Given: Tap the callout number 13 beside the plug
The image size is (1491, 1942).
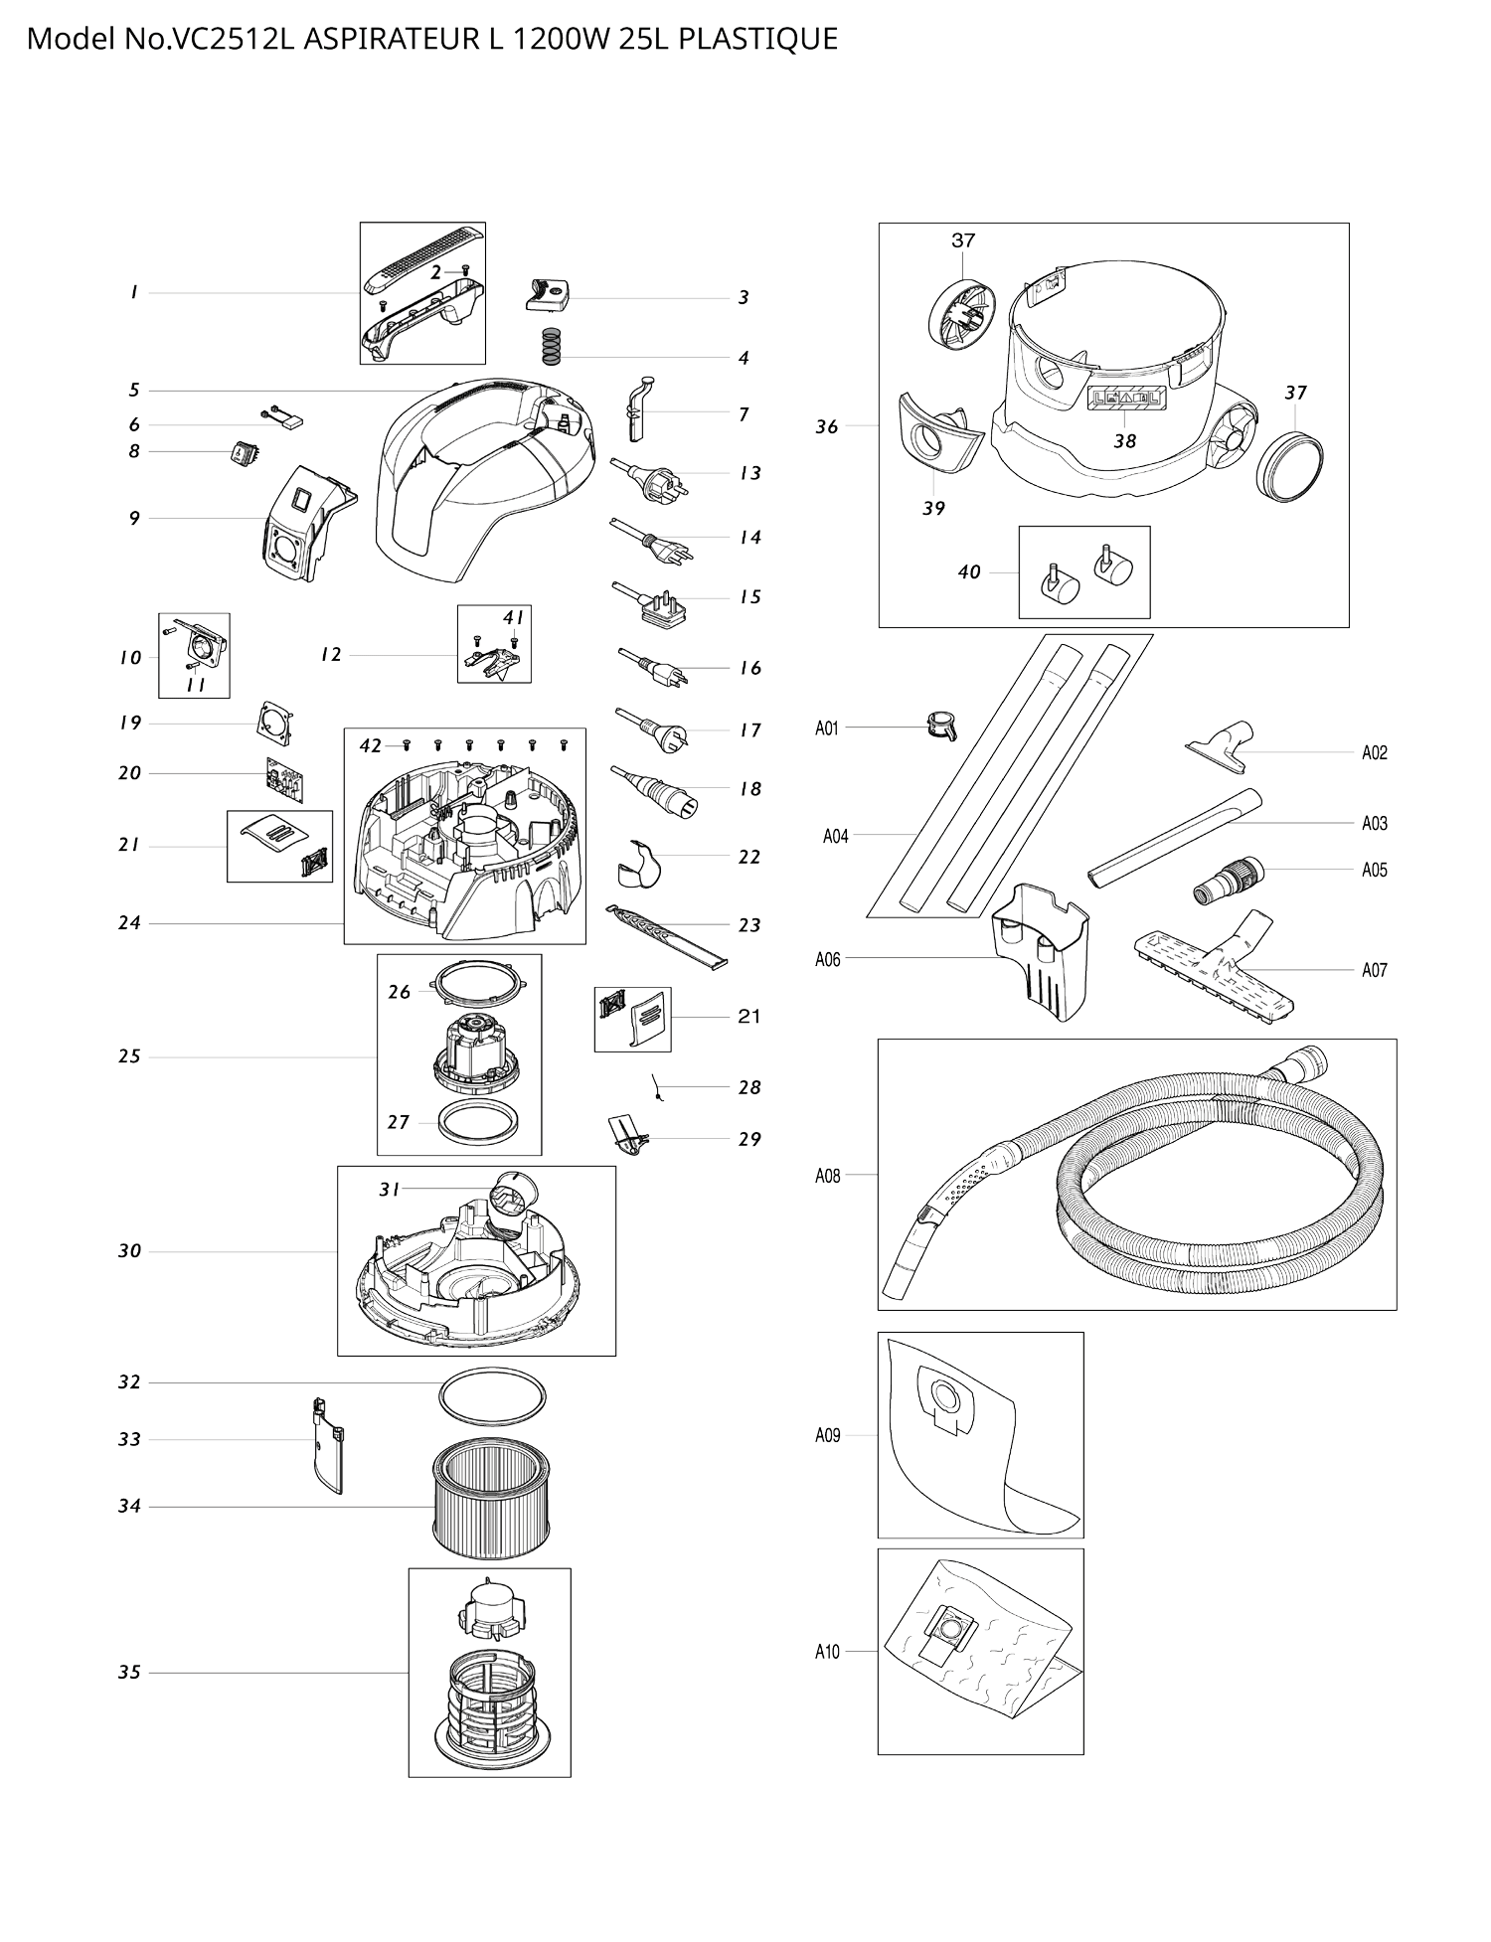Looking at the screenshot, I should point(750,473).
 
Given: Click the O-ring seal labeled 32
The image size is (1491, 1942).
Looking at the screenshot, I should point(492,1397).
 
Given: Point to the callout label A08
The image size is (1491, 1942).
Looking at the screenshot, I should point(827,1176).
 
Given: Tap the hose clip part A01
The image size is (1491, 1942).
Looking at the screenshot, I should point(941,727).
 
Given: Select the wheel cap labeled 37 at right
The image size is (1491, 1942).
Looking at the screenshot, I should point(1289,466).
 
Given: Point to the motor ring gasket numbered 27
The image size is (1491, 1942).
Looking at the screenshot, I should point(480,1122).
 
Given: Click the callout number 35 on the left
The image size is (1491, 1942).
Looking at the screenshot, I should point(129,1672).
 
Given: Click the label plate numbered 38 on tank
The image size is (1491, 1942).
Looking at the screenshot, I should point(1126,400).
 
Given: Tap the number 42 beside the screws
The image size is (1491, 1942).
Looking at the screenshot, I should point(370,745).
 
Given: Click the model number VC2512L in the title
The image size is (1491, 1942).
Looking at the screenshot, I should point(235,39).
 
